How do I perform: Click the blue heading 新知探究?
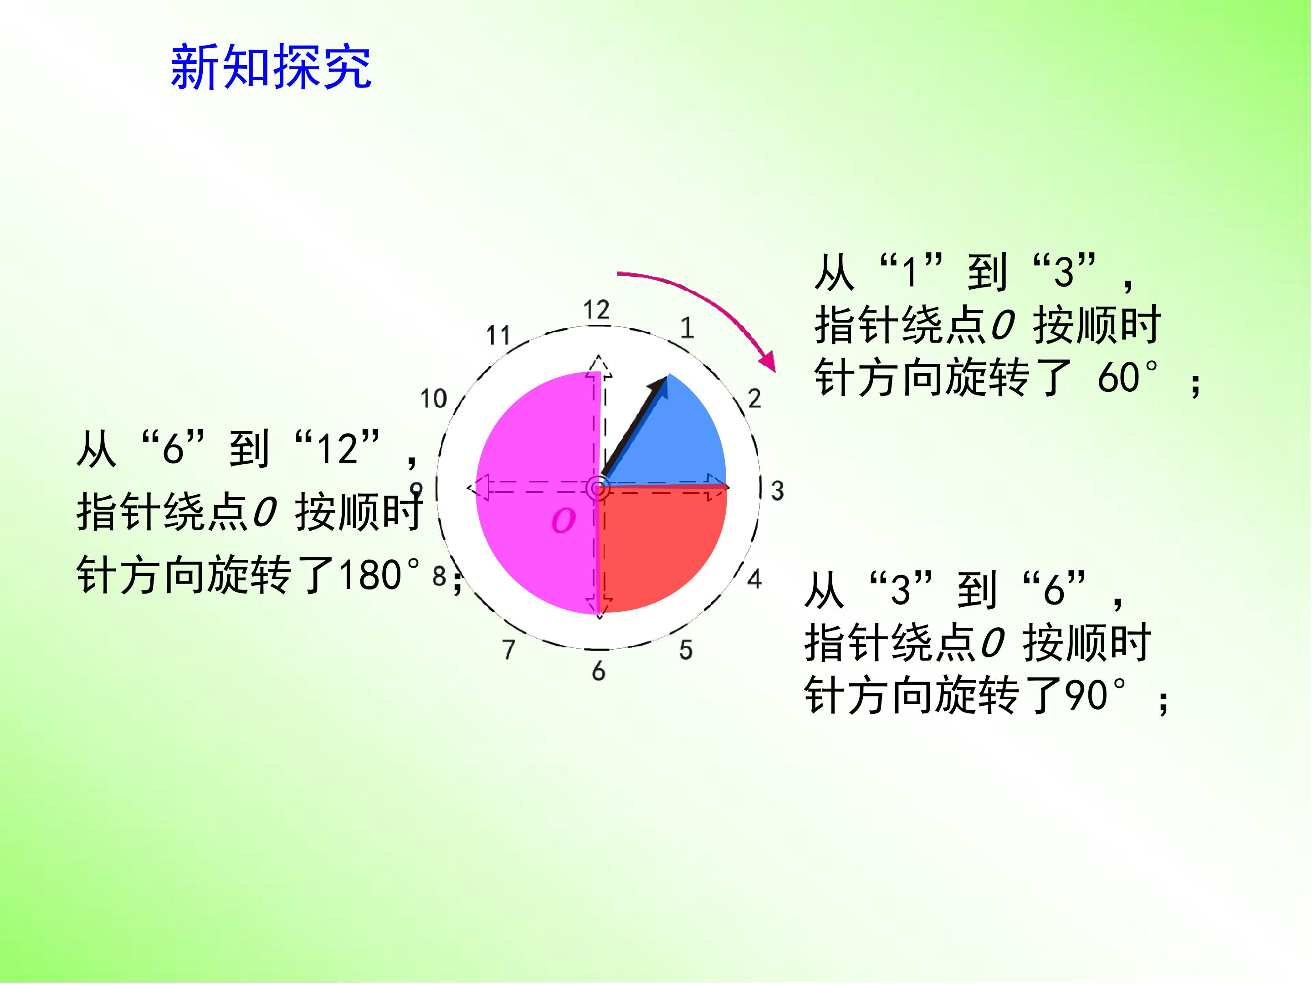271,67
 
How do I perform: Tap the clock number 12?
596,310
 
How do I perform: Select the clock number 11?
498,336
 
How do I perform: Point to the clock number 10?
433,399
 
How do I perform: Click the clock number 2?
754,399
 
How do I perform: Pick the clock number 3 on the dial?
777,491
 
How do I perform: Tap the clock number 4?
754,578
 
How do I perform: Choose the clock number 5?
686,650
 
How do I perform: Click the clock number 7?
509,650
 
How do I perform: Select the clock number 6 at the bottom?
599,671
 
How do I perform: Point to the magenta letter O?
563,521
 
